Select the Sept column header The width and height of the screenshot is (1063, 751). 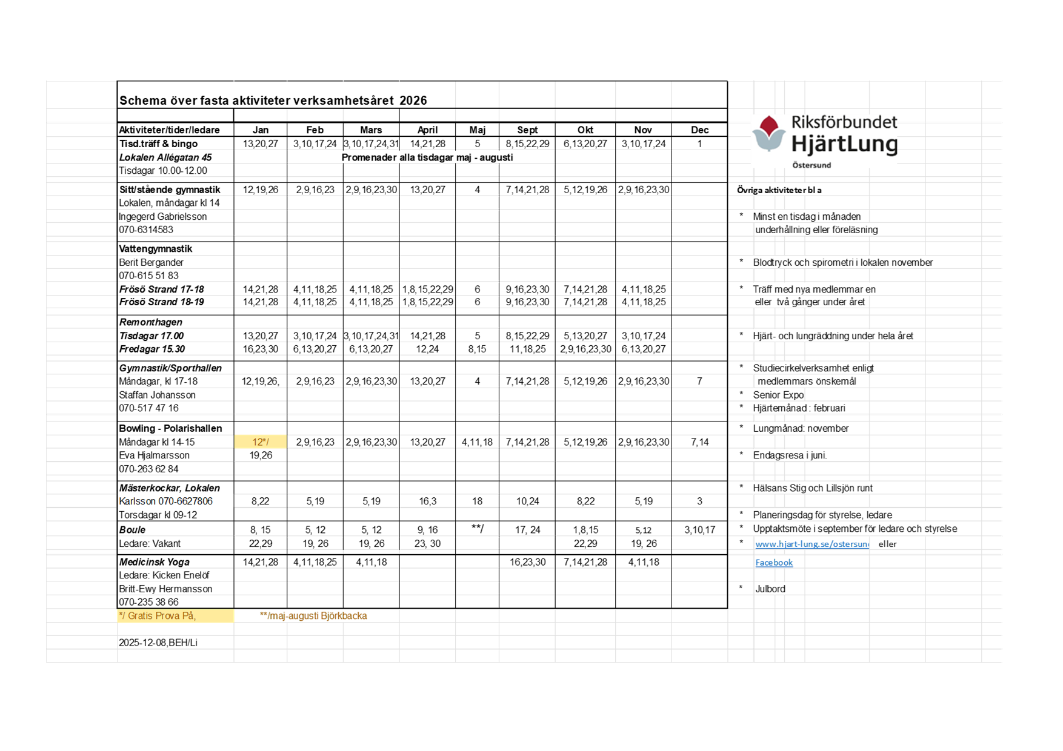527,130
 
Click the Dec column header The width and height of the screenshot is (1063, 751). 699,130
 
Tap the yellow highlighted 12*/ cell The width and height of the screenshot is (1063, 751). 261,442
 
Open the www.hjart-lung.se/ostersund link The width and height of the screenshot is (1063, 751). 811,544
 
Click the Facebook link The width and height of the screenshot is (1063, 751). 773,563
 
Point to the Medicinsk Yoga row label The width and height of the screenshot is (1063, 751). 155,562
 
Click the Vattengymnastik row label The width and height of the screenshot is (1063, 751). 156,249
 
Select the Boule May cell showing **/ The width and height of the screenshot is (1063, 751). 477,529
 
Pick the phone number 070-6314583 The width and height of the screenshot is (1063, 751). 146,230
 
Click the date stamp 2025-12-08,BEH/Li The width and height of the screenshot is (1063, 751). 158,643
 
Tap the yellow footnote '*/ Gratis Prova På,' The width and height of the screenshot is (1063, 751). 158,616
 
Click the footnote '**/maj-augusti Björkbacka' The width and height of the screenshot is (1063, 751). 313,616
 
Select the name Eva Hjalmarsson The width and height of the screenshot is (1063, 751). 155,455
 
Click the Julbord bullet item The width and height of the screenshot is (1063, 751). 770,589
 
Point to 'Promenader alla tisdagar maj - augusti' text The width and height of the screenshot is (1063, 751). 427,157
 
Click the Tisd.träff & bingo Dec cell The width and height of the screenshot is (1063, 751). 699,144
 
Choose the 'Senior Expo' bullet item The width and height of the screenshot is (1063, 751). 778,395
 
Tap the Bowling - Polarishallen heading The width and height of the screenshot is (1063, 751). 170,428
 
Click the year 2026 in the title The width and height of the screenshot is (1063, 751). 413,101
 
